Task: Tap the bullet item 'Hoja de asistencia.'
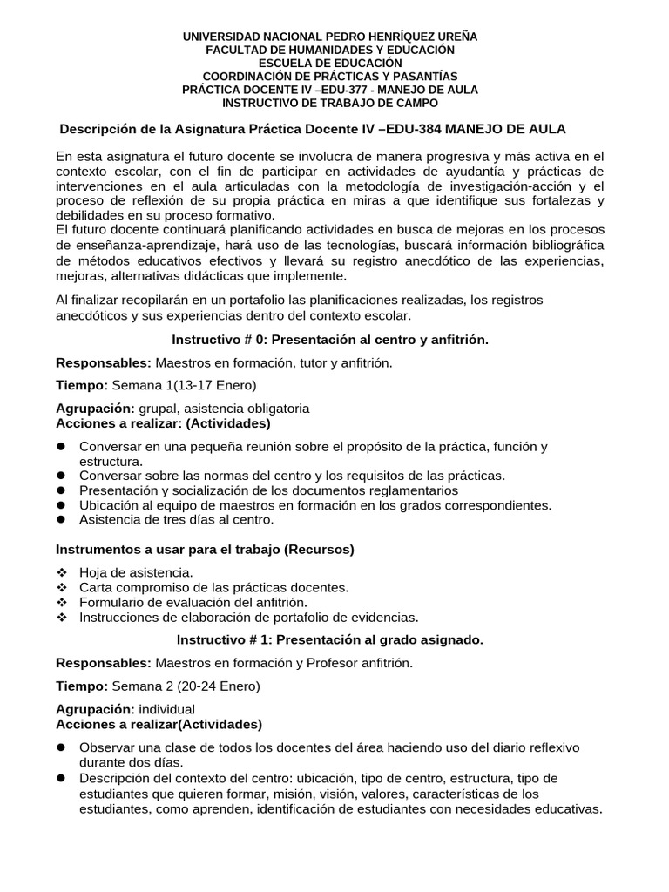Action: pos(135,571)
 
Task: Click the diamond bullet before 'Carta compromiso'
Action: pos(62,587)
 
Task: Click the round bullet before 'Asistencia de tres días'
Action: pos(62,520)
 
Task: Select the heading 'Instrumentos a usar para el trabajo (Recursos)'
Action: pos(205,550)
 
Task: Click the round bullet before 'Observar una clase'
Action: pos(62,747)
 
